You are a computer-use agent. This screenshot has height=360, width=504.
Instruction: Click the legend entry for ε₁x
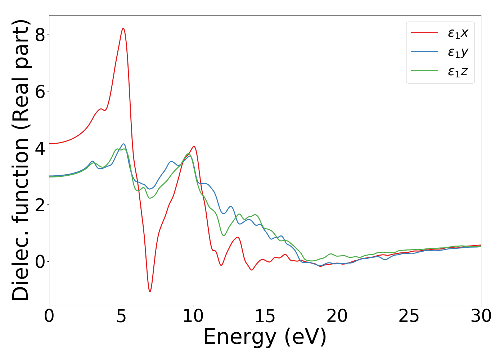click(458, 33)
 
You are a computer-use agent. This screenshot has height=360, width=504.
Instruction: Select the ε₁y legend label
click(458, 53)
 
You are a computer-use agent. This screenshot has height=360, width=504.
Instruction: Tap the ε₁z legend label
click(458, 72)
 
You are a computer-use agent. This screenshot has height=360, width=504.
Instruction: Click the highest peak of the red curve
click(123, 28)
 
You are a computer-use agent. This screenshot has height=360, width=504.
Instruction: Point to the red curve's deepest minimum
click(150, 291)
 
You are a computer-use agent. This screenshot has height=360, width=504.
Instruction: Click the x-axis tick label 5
click(121, 316)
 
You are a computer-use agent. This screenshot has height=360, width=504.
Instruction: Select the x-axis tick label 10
click(193, 316)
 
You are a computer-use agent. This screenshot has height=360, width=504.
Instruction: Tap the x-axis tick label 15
click(265, 316)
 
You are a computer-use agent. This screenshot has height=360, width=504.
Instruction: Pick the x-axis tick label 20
click(337, 316)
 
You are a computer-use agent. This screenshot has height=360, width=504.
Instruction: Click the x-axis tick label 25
click(409, 316)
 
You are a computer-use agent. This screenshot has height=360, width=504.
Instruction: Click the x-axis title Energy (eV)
click(265, 337)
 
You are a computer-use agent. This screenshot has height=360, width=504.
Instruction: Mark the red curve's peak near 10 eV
click(194, 147)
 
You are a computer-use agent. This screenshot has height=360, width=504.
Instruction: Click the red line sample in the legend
click(424, 32)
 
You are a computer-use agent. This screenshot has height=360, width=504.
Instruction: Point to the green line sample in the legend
click(424, 71)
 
